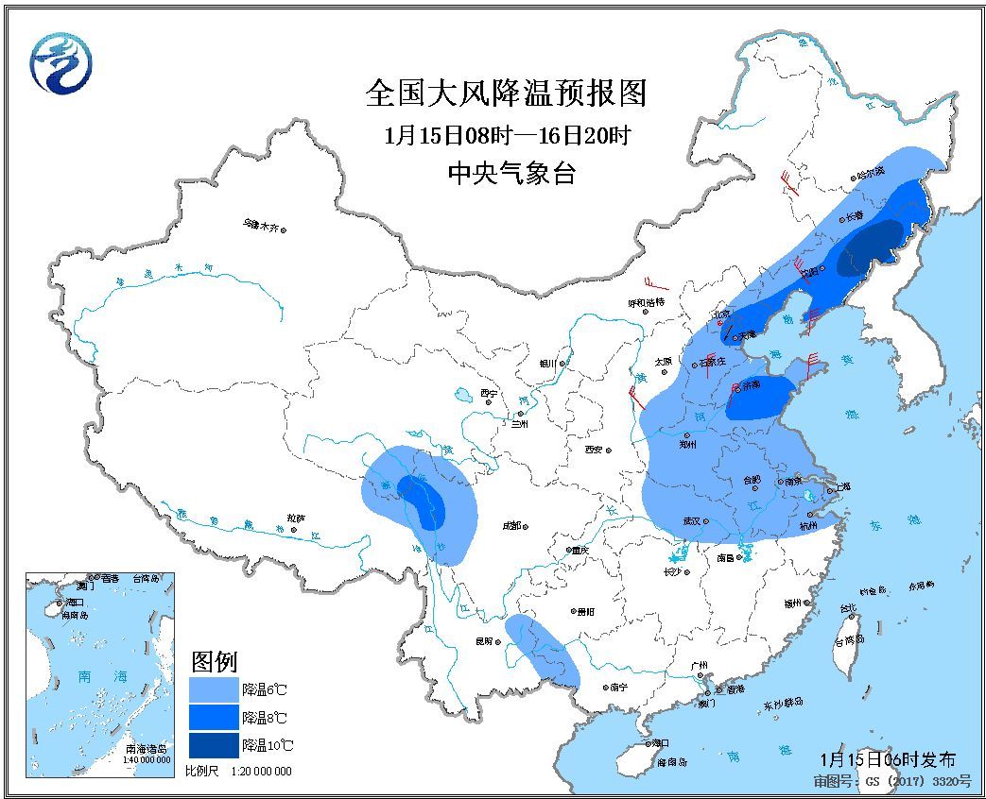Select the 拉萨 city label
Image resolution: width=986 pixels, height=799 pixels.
coord(296,518)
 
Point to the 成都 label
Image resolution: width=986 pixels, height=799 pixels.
coord(512,526)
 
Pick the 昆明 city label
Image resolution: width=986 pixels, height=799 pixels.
coord(483,641)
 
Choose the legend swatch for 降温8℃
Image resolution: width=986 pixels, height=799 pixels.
coord(214,718)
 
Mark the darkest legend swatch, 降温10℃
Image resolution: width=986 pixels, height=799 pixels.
coord(214,745)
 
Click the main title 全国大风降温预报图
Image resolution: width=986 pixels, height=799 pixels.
coord(507,93)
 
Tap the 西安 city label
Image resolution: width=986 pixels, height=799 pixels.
coord(593,450)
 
